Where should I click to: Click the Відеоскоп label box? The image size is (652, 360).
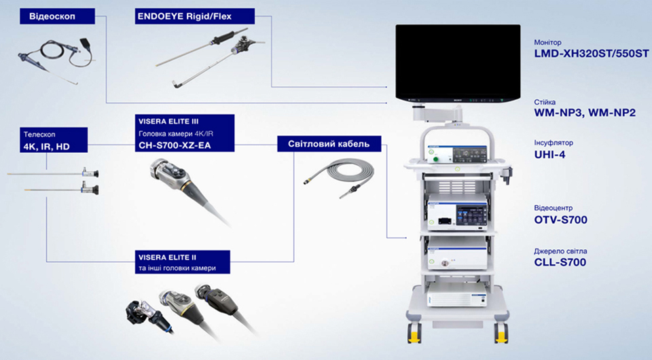point(57,16)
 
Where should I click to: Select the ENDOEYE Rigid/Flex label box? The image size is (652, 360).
point(195,16)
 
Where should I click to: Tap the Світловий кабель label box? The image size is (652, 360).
point(329,144)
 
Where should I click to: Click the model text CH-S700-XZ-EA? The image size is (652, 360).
point(175,145)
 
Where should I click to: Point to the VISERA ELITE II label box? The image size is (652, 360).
point(183,262)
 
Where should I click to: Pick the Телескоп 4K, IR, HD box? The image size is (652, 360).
point(54,140)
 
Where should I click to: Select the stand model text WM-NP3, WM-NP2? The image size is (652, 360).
point(585,113)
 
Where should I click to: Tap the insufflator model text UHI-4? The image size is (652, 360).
point(549,155)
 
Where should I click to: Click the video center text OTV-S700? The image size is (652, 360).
point(560,220)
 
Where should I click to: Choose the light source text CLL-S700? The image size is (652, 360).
point(560,262)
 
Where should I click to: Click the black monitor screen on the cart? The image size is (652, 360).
point(458,62)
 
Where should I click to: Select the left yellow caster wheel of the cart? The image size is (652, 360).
point(414,333)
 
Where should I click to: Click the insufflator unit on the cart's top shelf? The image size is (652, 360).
point(457,154)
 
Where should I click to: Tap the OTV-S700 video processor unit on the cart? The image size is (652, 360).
point(457,213)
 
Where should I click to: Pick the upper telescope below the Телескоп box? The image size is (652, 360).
point(53,173)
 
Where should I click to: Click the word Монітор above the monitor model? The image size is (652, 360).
point(547,42)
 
